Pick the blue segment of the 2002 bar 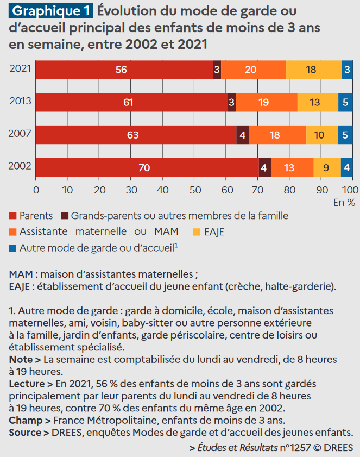346,167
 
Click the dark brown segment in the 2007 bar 243,135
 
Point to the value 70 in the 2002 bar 144,168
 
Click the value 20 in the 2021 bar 250,70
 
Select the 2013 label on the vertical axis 20,102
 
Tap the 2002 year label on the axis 20,167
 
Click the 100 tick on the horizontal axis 350,190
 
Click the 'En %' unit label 344,203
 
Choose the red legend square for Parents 13,216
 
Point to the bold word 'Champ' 24,420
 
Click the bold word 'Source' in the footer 25,433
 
